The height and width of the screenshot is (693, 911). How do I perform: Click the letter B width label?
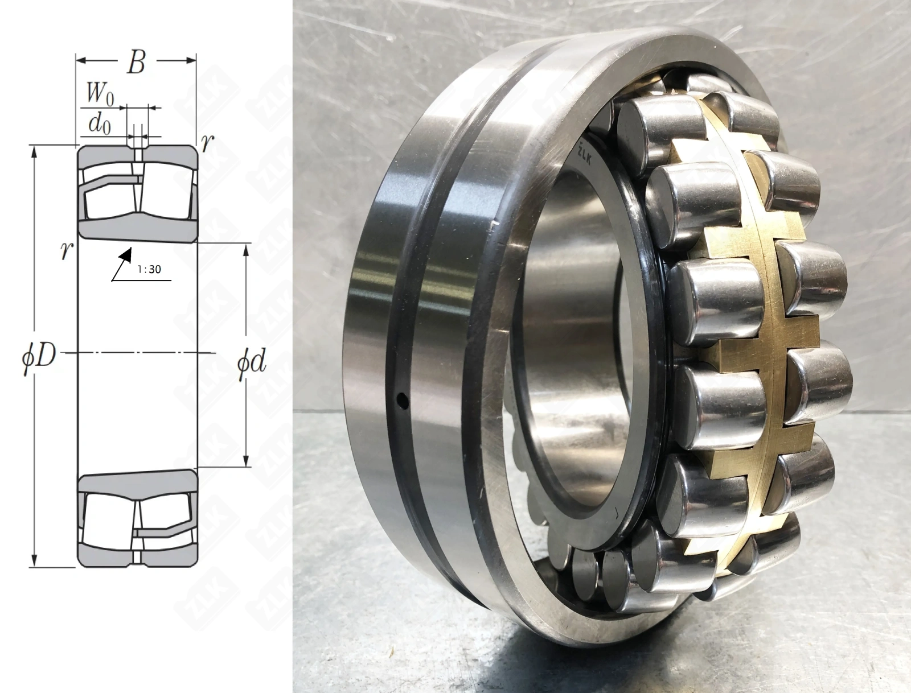tap(136, 64)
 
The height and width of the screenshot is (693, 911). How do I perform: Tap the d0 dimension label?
tap(100, 124)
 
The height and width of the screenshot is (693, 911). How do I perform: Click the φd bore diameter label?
tap(252, 362)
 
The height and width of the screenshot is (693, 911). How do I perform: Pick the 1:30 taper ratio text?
tap(149, 270)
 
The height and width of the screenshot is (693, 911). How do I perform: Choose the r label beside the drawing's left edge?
tap(67, 250)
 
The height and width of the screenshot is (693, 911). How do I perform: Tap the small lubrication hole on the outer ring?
tap(402, 400)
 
